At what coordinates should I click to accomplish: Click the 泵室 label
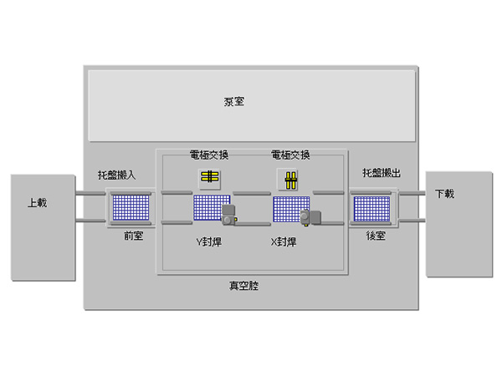pyautogui.click(x=233, y=102)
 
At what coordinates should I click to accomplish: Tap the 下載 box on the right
pyautogui.click(x=444, y=194)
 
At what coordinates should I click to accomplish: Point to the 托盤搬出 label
pyautogui.click(x=382, y=173)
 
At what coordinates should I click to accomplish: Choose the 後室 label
pyautogui.click(x=375, y=236)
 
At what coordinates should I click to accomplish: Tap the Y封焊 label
pyautogui.click(x=207, y=241)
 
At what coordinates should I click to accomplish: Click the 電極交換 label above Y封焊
pyautogui.click(x=209, y=155)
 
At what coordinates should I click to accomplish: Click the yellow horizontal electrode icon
pyautogui.click(x=209, y=177)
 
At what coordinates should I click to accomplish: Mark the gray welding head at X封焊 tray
pyautogui.click(x=311, y=217)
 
